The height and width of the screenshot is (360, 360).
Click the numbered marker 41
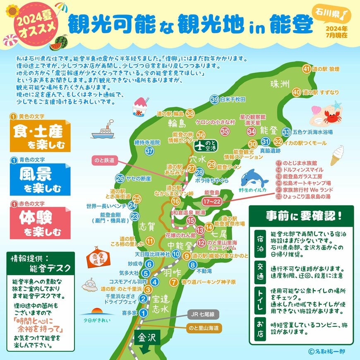pyautogui.click(x=307, y=69)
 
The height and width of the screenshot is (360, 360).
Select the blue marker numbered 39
pyautogui.click(x=214, y=99)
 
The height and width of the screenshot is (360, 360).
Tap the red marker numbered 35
pyautogui.click(x=225, y=131)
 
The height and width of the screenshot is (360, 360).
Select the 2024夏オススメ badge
pyautogui.click(x=36, y=23)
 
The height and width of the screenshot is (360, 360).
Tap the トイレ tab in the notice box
pyautogui.click(x=259, y=298)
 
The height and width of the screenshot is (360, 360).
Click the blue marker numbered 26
pyautogui.click(x=120, y=179)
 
